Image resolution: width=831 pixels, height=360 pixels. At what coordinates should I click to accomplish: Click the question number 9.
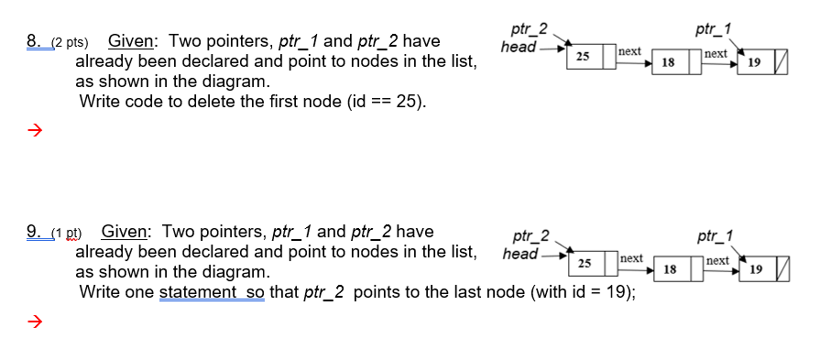tap(33, 232)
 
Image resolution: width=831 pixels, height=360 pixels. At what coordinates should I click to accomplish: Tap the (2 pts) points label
tap(69, 42)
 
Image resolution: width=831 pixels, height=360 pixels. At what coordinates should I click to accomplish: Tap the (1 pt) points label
tap(65, 233)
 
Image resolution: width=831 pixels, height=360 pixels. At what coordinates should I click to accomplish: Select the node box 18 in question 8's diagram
tap(668, 62)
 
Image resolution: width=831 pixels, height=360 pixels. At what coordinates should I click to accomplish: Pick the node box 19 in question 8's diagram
tap(754, 62)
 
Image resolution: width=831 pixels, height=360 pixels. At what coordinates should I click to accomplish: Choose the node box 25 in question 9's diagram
tap(584, 264)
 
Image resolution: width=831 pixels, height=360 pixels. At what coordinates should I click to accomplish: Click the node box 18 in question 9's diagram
tap(670, 269)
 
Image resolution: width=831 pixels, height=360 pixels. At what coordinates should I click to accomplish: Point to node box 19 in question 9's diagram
tap(755, 269)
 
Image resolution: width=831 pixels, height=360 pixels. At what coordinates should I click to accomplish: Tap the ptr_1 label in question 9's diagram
tap(715, 237)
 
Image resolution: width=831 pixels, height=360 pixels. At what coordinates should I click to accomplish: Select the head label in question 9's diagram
tap(519, 253)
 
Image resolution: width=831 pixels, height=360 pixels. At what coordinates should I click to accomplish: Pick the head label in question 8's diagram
tap(519, 46)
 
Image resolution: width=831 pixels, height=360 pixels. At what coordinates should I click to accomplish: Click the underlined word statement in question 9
tap(198, 292)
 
